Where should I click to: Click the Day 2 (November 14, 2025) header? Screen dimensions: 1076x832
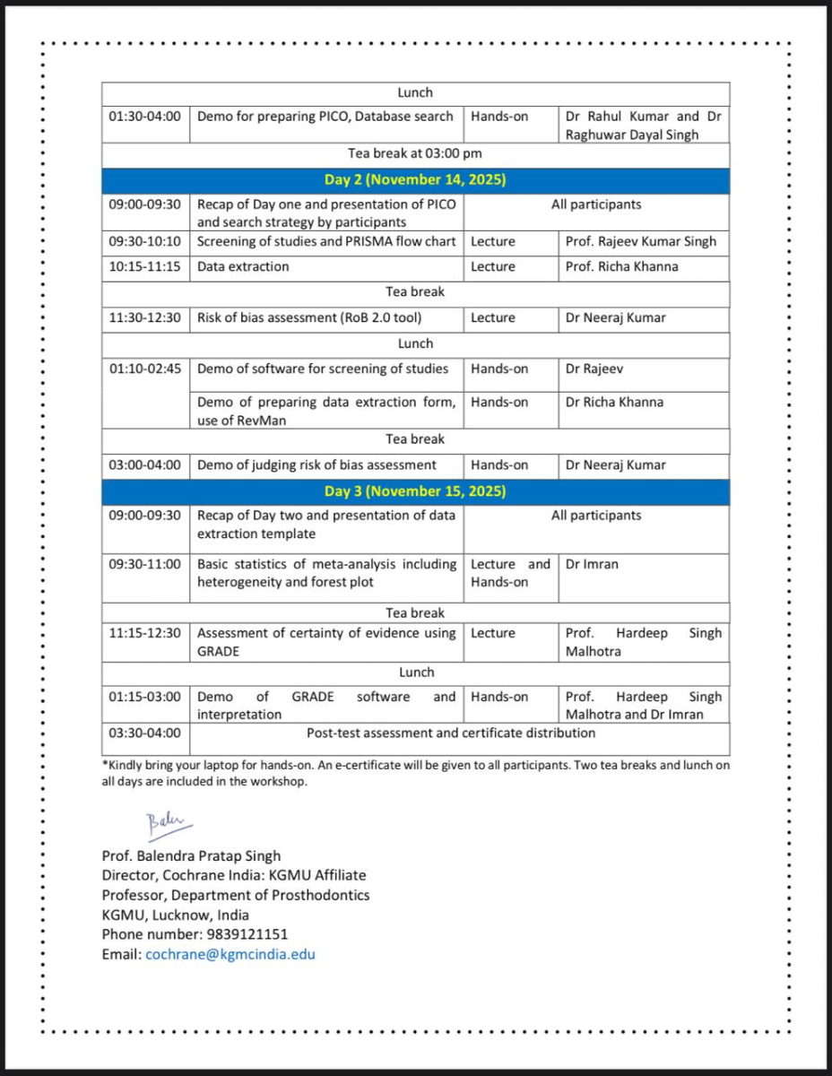pos(415,179)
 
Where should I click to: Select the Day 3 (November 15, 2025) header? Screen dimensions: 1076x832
pos(415,491)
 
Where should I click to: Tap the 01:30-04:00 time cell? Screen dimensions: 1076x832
pos(145,117)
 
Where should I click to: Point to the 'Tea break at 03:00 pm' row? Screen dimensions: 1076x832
pos(415,153)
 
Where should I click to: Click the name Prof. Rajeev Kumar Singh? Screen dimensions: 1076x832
pos(641,241)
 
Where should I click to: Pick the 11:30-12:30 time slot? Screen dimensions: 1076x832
pos(145,317)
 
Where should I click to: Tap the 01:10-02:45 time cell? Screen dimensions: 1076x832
pos(145,369)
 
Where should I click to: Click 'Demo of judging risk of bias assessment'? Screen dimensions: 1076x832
pos(316,464)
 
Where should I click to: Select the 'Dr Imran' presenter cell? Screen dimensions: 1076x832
pos(592,564)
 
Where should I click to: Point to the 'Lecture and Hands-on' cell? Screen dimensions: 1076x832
pos(510,573)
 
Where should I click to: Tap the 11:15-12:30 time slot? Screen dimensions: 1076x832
pos(145,633)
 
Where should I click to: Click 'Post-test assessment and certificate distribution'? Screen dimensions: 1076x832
pos(451,733)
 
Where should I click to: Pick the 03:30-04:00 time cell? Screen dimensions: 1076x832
pos(145,733)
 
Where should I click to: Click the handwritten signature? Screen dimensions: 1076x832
pos(162,821)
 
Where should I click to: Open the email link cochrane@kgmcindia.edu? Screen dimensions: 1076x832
pos(230,954)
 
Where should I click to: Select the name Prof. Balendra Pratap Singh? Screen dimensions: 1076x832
pos(191,855)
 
